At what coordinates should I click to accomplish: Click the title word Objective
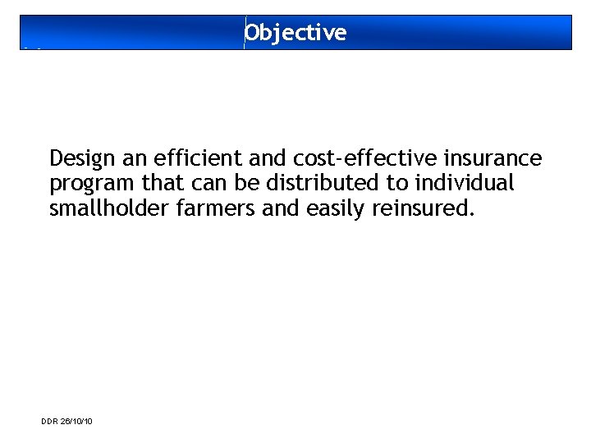(x=295, y=33)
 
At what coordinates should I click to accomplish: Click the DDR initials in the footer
(x=48, y=421)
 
